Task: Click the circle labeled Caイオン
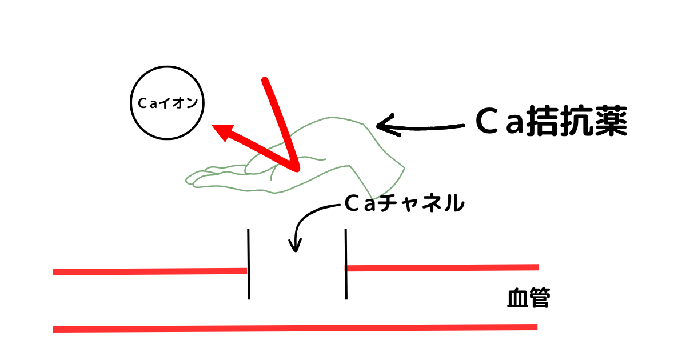(167, 66)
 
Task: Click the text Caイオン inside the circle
(167, 103)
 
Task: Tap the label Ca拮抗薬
(551, 121)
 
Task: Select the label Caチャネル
(404, 203)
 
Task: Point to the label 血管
(529, 297)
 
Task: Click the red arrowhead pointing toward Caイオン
(224, 131)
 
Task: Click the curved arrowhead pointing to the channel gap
(295, 246)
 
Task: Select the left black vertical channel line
(249, 264)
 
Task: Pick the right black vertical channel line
(346, 264)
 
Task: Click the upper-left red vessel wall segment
(150, 271)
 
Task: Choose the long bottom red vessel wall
(295, 328)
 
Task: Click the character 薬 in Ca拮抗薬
(611, 121)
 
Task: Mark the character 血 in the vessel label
(517, 297)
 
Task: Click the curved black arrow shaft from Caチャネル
(309, 216)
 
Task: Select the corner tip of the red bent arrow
(296, 168)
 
